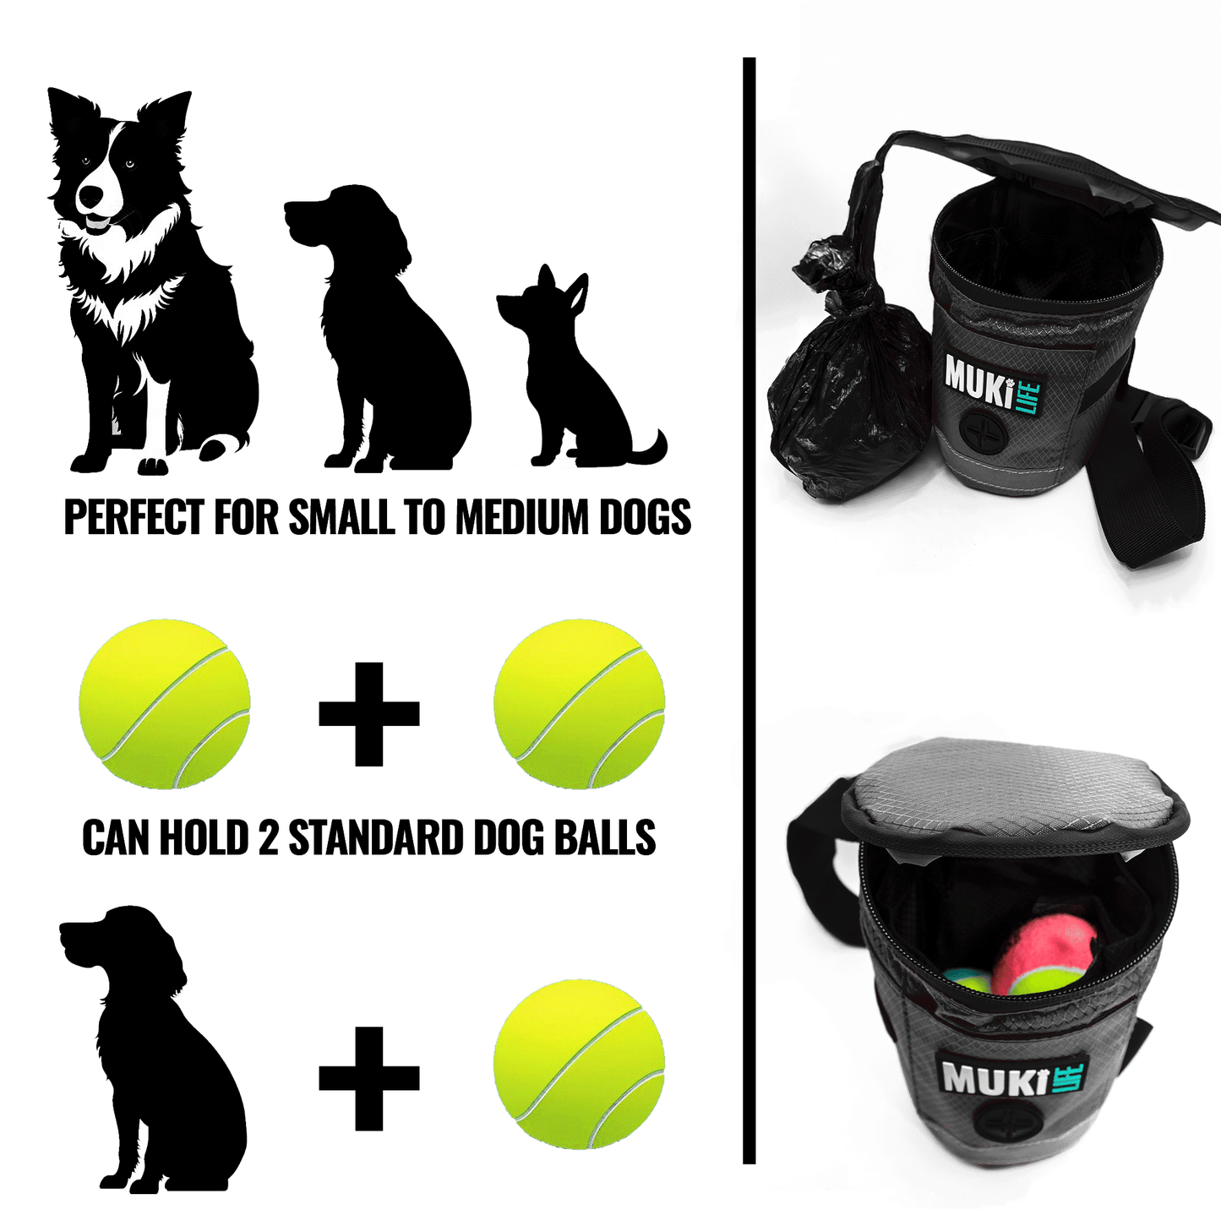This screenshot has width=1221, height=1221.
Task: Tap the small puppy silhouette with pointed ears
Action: (575, 380)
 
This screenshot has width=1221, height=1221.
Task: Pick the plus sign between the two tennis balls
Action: (369, 714)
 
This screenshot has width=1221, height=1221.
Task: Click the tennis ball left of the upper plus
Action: (165, 704)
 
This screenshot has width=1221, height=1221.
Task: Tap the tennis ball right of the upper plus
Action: (580, 704)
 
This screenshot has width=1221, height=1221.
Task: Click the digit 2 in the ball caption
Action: (268, 838)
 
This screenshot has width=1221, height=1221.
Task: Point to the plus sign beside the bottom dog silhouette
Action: (369, 1078)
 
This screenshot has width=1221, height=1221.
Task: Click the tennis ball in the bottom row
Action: (580, 1065)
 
